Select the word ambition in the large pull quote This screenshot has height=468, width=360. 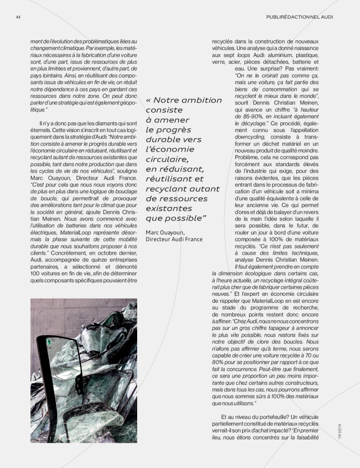(199, 100)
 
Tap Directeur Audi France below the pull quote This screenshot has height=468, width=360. (174, 239)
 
